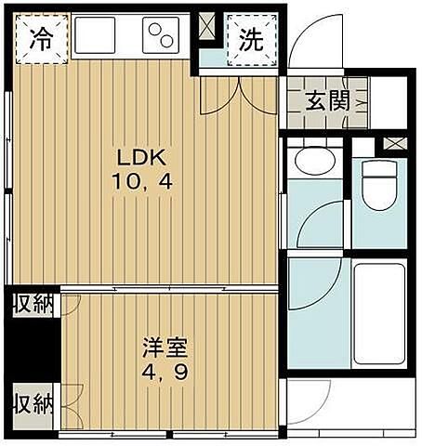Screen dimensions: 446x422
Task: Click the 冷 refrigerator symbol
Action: (40, 39)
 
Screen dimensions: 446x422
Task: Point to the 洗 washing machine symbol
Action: (250, 40)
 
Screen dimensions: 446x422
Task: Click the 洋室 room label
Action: (165, 351)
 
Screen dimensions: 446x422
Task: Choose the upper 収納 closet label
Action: (32, 304)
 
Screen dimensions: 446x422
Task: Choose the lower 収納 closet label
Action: (32, 405)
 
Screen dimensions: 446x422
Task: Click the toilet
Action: (379, 185)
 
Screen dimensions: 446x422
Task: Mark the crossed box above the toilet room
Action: (395, 144)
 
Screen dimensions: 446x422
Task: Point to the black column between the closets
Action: (33, 353)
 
